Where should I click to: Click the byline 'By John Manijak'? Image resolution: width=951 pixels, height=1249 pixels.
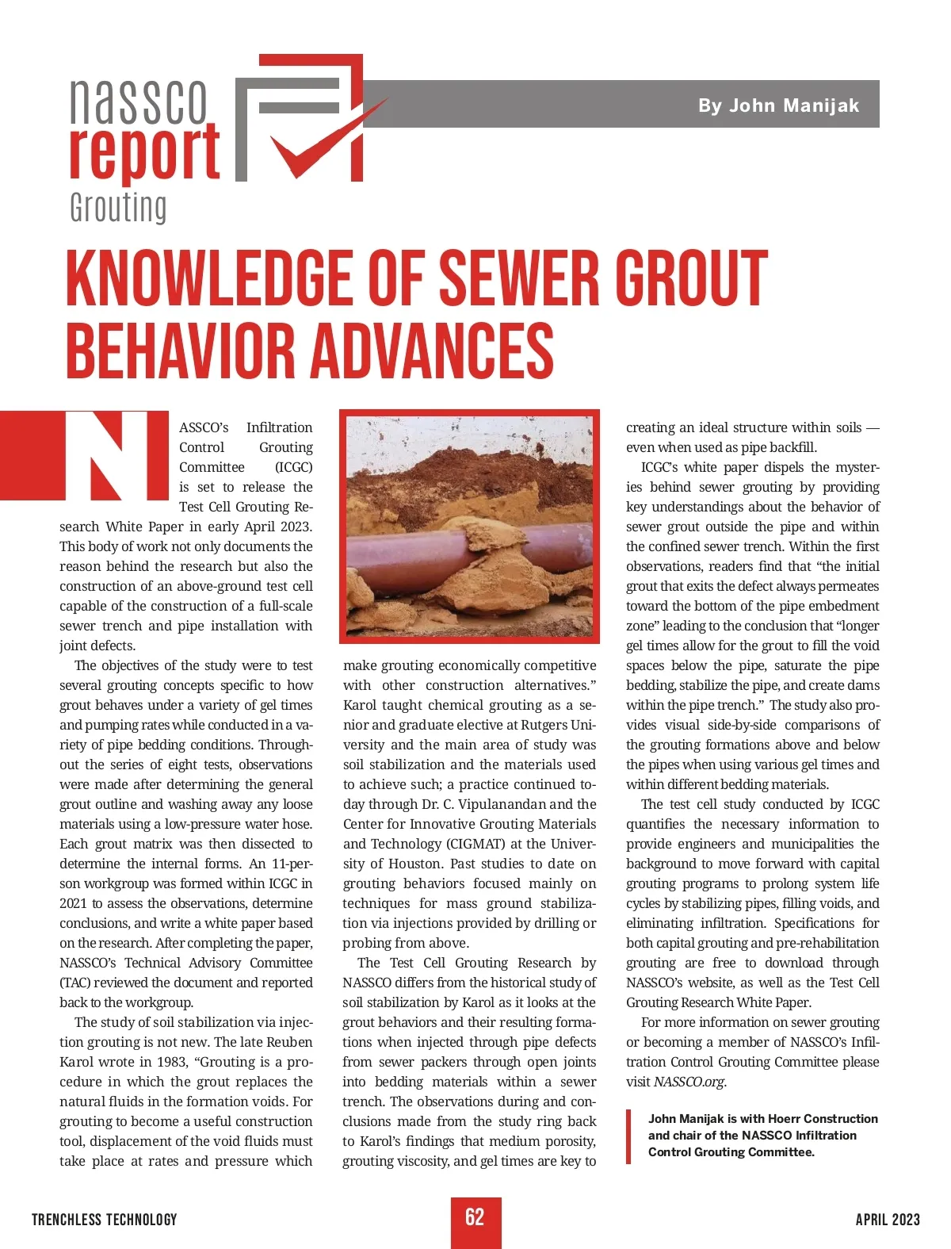(778, 105)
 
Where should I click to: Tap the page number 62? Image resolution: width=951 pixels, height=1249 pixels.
(475, 1217)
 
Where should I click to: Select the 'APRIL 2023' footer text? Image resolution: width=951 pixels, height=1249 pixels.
(888, 1220)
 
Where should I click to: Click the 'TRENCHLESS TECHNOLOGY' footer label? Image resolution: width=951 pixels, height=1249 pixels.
(105, 1220)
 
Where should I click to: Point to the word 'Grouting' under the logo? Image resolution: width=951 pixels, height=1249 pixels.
(118, 208)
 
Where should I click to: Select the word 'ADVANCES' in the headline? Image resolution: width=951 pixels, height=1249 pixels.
(432, 350)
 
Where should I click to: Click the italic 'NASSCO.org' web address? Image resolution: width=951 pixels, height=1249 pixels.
(689, 1082)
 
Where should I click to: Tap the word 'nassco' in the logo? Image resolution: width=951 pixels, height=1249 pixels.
(139, 101)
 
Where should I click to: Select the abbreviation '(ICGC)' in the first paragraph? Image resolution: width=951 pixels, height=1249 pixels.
(293, 467)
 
